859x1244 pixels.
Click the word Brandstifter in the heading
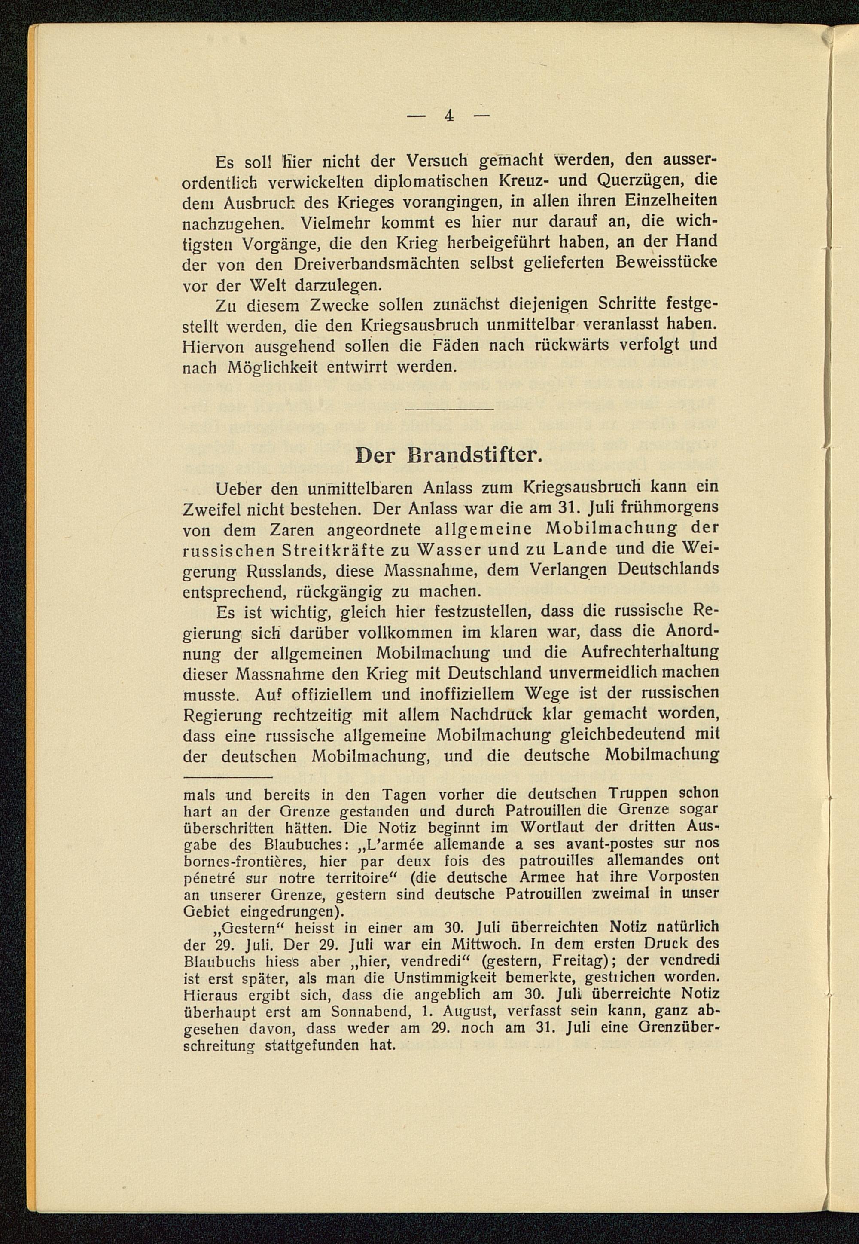pos(487,455)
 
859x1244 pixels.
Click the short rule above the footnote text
pos(228,777)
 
